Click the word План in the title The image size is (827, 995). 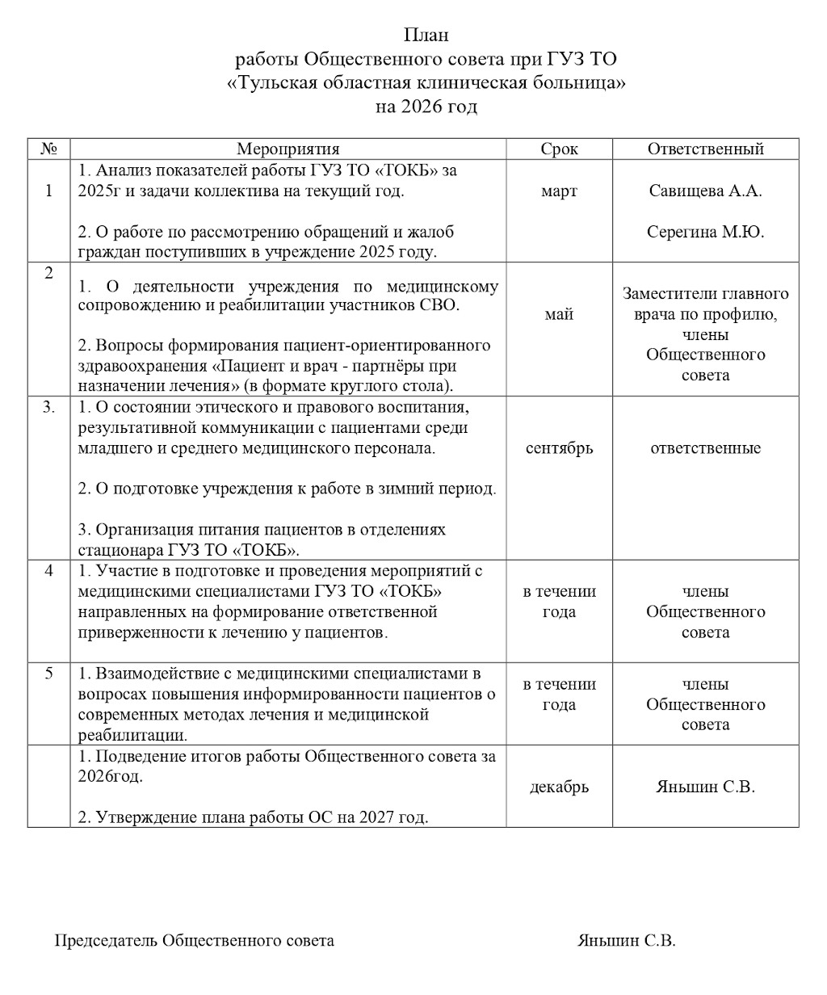[x=426, y=36]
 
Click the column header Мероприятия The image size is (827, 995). [x=288, y=149]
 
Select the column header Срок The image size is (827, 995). [x=559, y=149]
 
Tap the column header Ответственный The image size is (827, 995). [x=705, y=149]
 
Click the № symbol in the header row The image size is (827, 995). [x=48, y=149]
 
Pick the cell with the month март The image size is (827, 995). [x=559, y=191]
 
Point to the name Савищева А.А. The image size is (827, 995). [x=705, y=191]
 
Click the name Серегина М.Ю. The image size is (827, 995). [x=705, y=232]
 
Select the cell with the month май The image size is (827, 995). [x=559, y=314]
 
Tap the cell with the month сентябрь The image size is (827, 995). [x=559, y=448]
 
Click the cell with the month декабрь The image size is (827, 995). [x=559, y=787]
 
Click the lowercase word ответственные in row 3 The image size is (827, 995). [x=705, y=448]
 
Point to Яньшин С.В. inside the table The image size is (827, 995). [x=705, y=787]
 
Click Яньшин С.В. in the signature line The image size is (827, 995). [x=627, y=941]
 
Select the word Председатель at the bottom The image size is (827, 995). [x=106, y=941]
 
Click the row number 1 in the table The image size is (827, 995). [x=48, y=191]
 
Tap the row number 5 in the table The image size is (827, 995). [x=48, y=674]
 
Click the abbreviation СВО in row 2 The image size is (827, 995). [x=438, y=306]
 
